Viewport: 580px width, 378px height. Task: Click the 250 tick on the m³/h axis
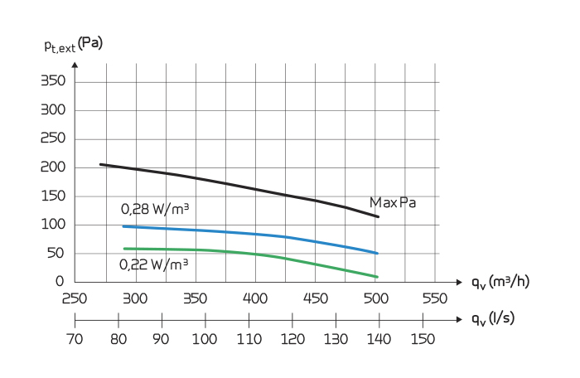(75, 298)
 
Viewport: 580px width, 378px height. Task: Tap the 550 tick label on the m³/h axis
(435, 298)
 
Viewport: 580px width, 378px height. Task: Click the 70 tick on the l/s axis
(75, 338)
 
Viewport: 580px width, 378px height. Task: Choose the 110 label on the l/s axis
(249, 338)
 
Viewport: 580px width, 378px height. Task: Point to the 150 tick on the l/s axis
(423, 338)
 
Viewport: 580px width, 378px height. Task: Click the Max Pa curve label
(392, 202)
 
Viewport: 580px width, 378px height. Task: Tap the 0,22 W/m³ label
(153, 264)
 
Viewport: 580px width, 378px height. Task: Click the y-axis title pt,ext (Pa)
(73, 45)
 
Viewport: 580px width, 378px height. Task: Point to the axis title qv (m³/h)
(500, 282)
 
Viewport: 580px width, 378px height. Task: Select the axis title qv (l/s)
(494, 319)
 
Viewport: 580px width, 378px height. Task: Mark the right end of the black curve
(379, 217)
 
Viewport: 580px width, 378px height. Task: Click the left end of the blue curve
(123, 226)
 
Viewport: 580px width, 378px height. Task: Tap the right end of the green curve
(378, 277)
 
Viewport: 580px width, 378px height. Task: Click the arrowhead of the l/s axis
(460, 319)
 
